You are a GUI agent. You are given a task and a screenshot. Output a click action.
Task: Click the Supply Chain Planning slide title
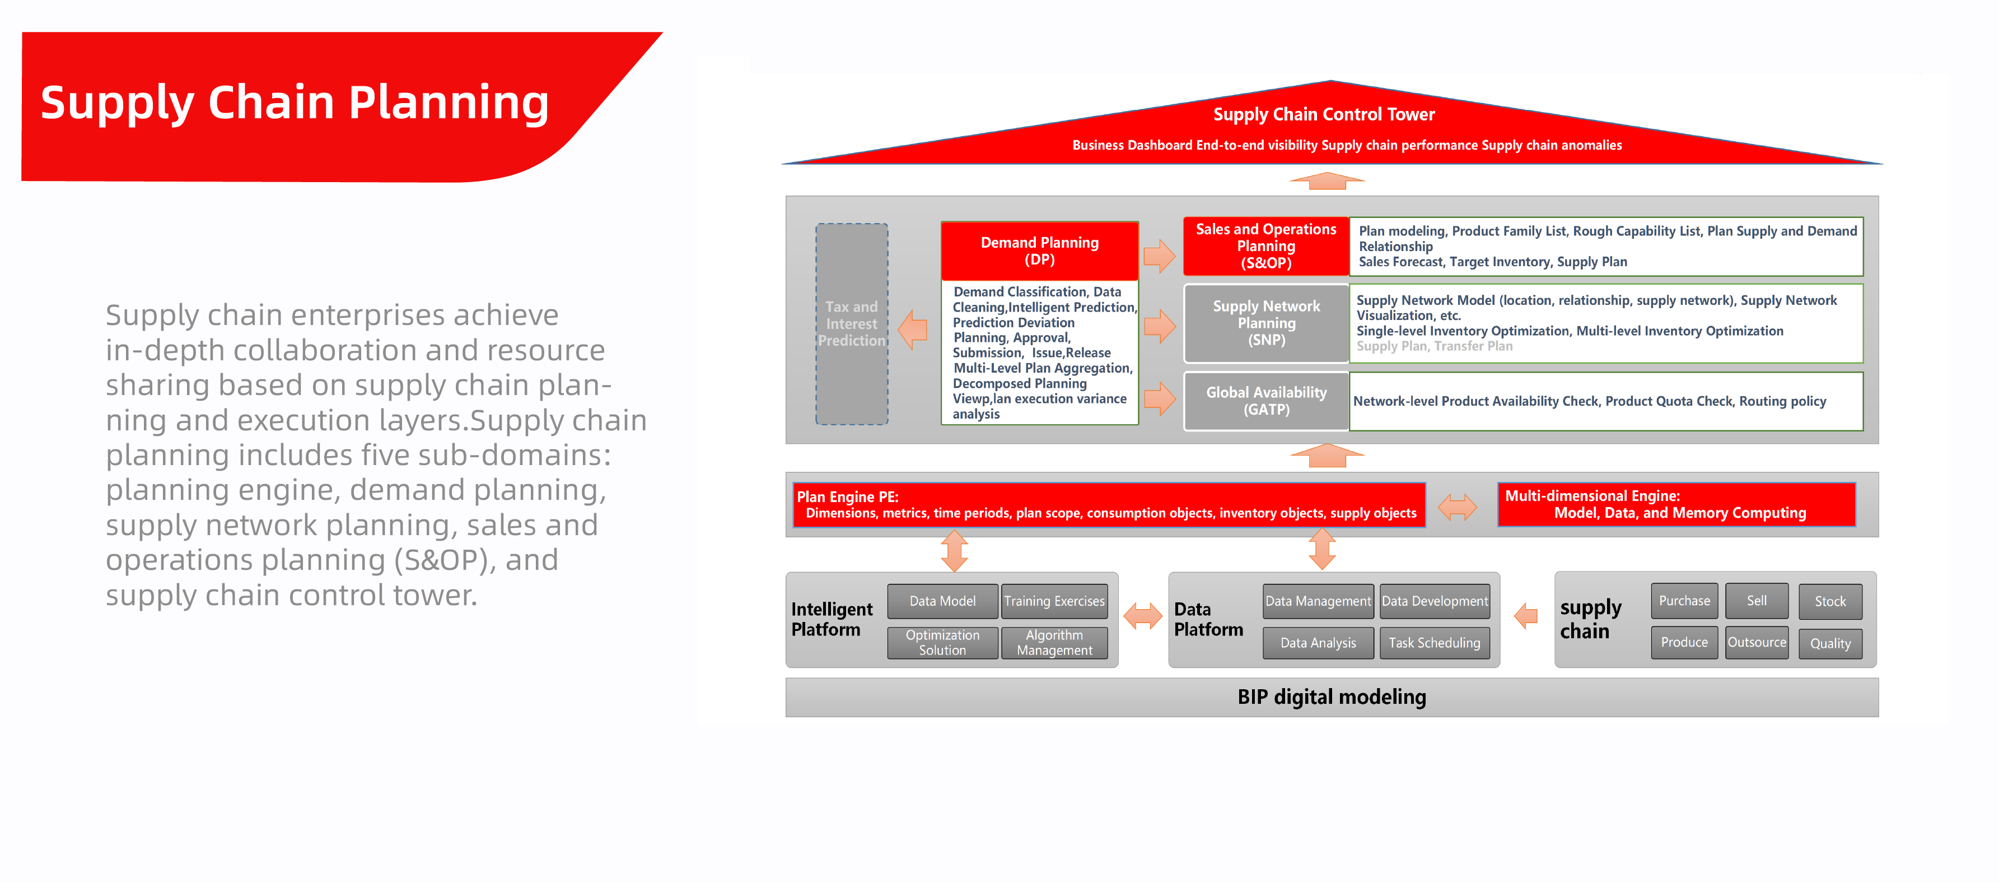click(x=295, y=103)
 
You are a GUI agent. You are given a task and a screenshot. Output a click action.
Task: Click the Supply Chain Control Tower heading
click(x=1323, y=115)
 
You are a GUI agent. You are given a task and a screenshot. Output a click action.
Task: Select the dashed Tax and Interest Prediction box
click(x=851, y=324)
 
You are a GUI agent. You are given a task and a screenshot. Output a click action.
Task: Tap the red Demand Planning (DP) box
click(x=1039, y=251)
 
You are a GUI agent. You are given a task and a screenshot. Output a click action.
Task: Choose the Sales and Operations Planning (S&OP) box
click(x=1265, y=246)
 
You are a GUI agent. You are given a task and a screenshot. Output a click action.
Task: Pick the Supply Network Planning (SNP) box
click(x=1265, y=323)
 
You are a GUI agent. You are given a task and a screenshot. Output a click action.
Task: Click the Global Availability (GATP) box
click(x=1265, y=401)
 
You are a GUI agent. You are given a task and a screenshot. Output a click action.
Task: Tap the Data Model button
click(x=942, y=601)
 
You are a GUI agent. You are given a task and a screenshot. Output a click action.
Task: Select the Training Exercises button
click(x=1054, y=601)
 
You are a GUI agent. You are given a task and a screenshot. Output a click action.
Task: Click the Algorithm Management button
click(x=1054, y=643)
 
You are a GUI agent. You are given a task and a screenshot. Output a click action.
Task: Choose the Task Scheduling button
click(x=1434, y=643)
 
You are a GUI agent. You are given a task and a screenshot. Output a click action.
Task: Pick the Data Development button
click(x=1434, y=601)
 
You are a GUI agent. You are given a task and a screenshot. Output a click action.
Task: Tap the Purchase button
click(x=1684, y=601)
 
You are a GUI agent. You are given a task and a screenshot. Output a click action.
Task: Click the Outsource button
click(x=1756, y=643)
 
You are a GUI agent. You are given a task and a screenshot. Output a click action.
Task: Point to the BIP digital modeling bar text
click(x=1332, y=697)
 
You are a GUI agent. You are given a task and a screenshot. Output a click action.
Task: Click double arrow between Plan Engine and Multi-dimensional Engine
click(x=1458, y=507)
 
